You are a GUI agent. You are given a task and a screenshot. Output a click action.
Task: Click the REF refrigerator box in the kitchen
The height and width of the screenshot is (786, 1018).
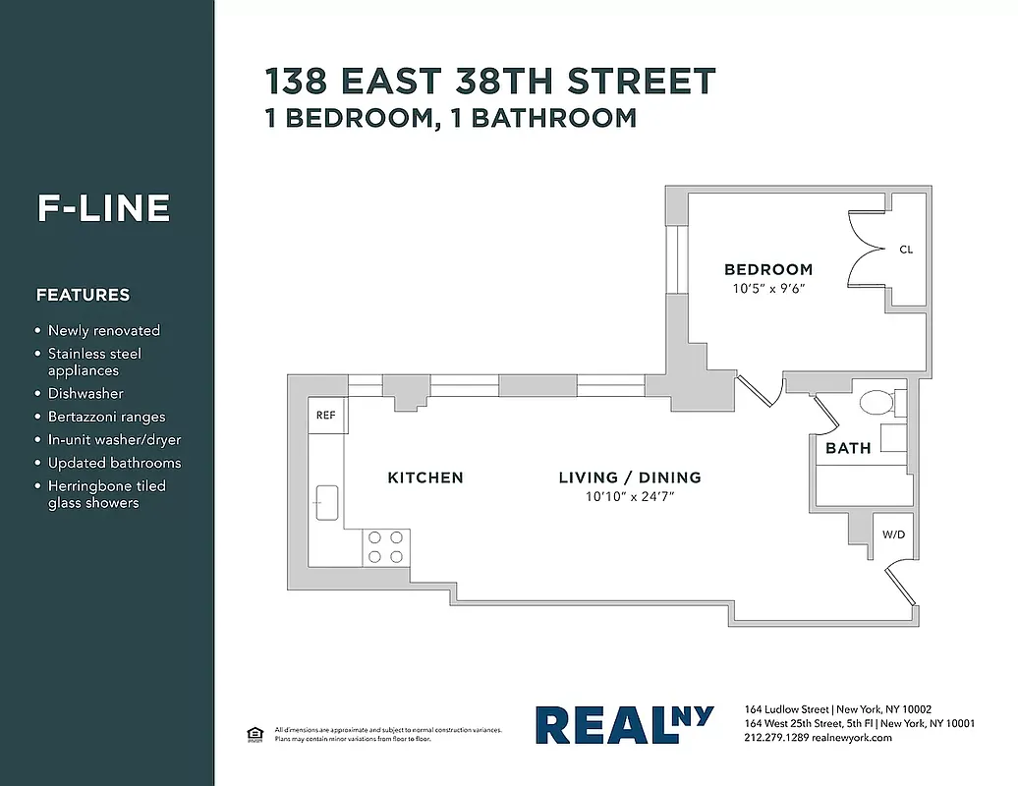(x=325, y=415)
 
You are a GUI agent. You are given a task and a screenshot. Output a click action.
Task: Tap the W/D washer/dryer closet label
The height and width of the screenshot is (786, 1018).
(x=893, y=535)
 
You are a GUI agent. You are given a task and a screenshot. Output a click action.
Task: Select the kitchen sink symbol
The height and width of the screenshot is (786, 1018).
(x=326, y=502)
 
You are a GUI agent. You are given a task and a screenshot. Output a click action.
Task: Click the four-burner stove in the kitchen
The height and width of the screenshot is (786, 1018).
(x=386, y=547)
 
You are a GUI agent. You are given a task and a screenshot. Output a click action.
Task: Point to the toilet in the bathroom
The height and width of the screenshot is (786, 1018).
(x=877, y=402)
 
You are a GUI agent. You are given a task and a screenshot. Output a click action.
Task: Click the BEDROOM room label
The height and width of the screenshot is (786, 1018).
(x=768, y=269)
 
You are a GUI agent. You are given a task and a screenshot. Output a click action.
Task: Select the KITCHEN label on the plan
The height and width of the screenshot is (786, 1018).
(x=425, y=477)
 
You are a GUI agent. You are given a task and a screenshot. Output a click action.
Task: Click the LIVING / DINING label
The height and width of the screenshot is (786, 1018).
(x=630, y=477)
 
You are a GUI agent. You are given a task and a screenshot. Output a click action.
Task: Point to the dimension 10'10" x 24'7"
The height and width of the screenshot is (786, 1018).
(x=630, y=497)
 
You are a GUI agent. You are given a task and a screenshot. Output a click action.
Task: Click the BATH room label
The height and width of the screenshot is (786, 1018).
(x=848, y=448)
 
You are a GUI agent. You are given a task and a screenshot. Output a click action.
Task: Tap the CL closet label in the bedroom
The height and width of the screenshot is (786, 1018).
(x=906, y=250)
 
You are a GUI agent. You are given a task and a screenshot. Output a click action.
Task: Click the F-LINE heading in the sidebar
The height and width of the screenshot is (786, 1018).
(x=104, y=208)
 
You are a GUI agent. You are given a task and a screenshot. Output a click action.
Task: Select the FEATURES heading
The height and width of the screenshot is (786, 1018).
(x=83, y=295)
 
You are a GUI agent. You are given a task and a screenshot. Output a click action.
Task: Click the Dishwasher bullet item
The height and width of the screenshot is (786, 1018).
(x=85, y=393)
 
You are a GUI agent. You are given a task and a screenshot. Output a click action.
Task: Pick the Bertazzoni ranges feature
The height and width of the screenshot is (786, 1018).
(x=106, y=417)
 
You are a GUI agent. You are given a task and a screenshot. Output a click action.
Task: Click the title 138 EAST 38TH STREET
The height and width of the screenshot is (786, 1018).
(x=490, y=81)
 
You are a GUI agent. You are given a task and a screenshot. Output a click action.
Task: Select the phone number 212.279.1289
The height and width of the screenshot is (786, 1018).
(x=777, y=738)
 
